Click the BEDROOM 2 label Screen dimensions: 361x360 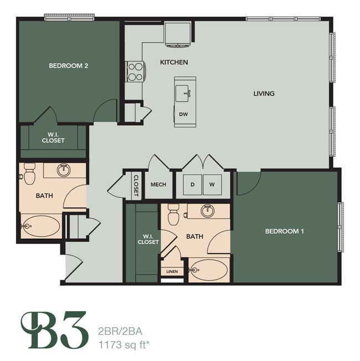(69, 65)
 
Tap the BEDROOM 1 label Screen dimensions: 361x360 (284, 231)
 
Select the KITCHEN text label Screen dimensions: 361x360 (174, 62)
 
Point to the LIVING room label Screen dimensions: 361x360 (264, 94)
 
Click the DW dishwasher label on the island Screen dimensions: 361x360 (183, 115)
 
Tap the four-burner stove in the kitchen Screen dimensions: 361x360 (135, 71)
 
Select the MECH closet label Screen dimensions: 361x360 (158, 185)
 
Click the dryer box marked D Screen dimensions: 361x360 (193, 185)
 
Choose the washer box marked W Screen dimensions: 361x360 (212, 185)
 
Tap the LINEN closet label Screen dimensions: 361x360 (172, 272)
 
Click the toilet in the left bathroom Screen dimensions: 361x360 (29, 173)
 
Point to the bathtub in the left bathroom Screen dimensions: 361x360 (41, 226)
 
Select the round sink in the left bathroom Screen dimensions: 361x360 (64, 170)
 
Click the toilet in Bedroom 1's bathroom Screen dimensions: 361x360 (173, 213)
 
